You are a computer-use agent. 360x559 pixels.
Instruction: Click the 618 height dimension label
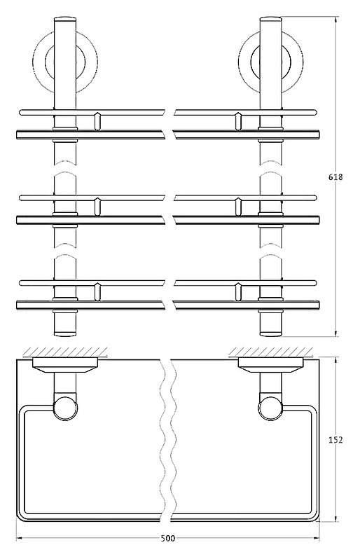click(x=335, y=177)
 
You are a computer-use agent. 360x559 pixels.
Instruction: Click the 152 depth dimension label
click(x=335, y=440)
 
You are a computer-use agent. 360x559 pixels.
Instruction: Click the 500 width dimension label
click(x=168, y=538)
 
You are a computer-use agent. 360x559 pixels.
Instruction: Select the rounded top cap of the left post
click(x=65, y=19)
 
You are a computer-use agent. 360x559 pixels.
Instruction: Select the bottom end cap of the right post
click(x=271, y=333)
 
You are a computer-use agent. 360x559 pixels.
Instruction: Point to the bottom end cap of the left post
click(x=65, y=333)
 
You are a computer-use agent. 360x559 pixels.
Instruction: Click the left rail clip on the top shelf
click(x=97, y=122)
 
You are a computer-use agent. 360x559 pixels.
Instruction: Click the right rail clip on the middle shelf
click(x=238, y=207)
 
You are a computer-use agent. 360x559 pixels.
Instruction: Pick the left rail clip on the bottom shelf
click(x=97, y=292)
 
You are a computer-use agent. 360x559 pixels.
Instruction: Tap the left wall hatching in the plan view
click(x=65, y=352)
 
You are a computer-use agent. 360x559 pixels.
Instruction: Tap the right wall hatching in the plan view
click(x=271, y=352)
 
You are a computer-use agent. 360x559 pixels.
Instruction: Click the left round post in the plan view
click(x=65, y=408)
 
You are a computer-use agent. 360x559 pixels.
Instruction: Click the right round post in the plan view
click(x=270, y=408)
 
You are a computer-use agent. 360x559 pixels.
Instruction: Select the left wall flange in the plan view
click(x=65, y=365)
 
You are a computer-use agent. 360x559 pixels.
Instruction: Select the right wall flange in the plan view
click(x=271, y=365)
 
